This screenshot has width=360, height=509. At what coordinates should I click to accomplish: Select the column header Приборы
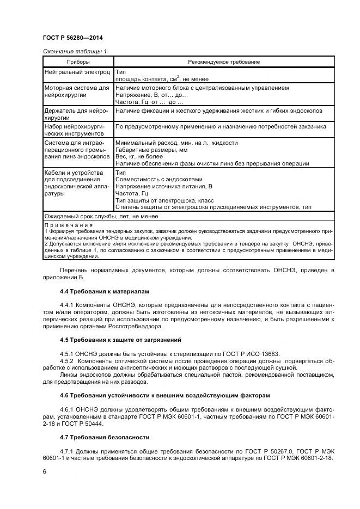point(77,62)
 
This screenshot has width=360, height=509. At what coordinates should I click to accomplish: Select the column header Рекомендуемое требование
point(223,62)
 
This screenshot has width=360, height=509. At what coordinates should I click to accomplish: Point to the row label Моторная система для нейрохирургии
point(76,91)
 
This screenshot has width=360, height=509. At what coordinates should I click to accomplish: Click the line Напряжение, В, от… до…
point(151,94)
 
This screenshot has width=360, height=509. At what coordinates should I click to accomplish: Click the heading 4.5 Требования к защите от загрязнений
point(118,340)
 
